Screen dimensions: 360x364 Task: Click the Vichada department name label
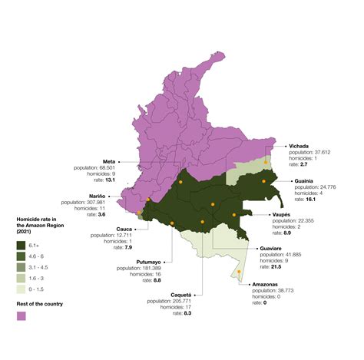pos(299,145)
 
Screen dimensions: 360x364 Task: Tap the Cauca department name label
pos(104,228)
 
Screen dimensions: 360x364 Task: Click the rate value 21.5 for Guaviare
pos(277,266)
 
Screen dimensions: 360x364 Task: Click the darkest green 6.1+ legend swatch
pos(23,245)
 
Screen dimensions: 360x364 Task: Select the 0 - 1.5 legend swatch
pos(23,289)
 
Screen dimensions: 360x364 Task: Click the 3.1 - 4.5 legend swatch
pos(23,267)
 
